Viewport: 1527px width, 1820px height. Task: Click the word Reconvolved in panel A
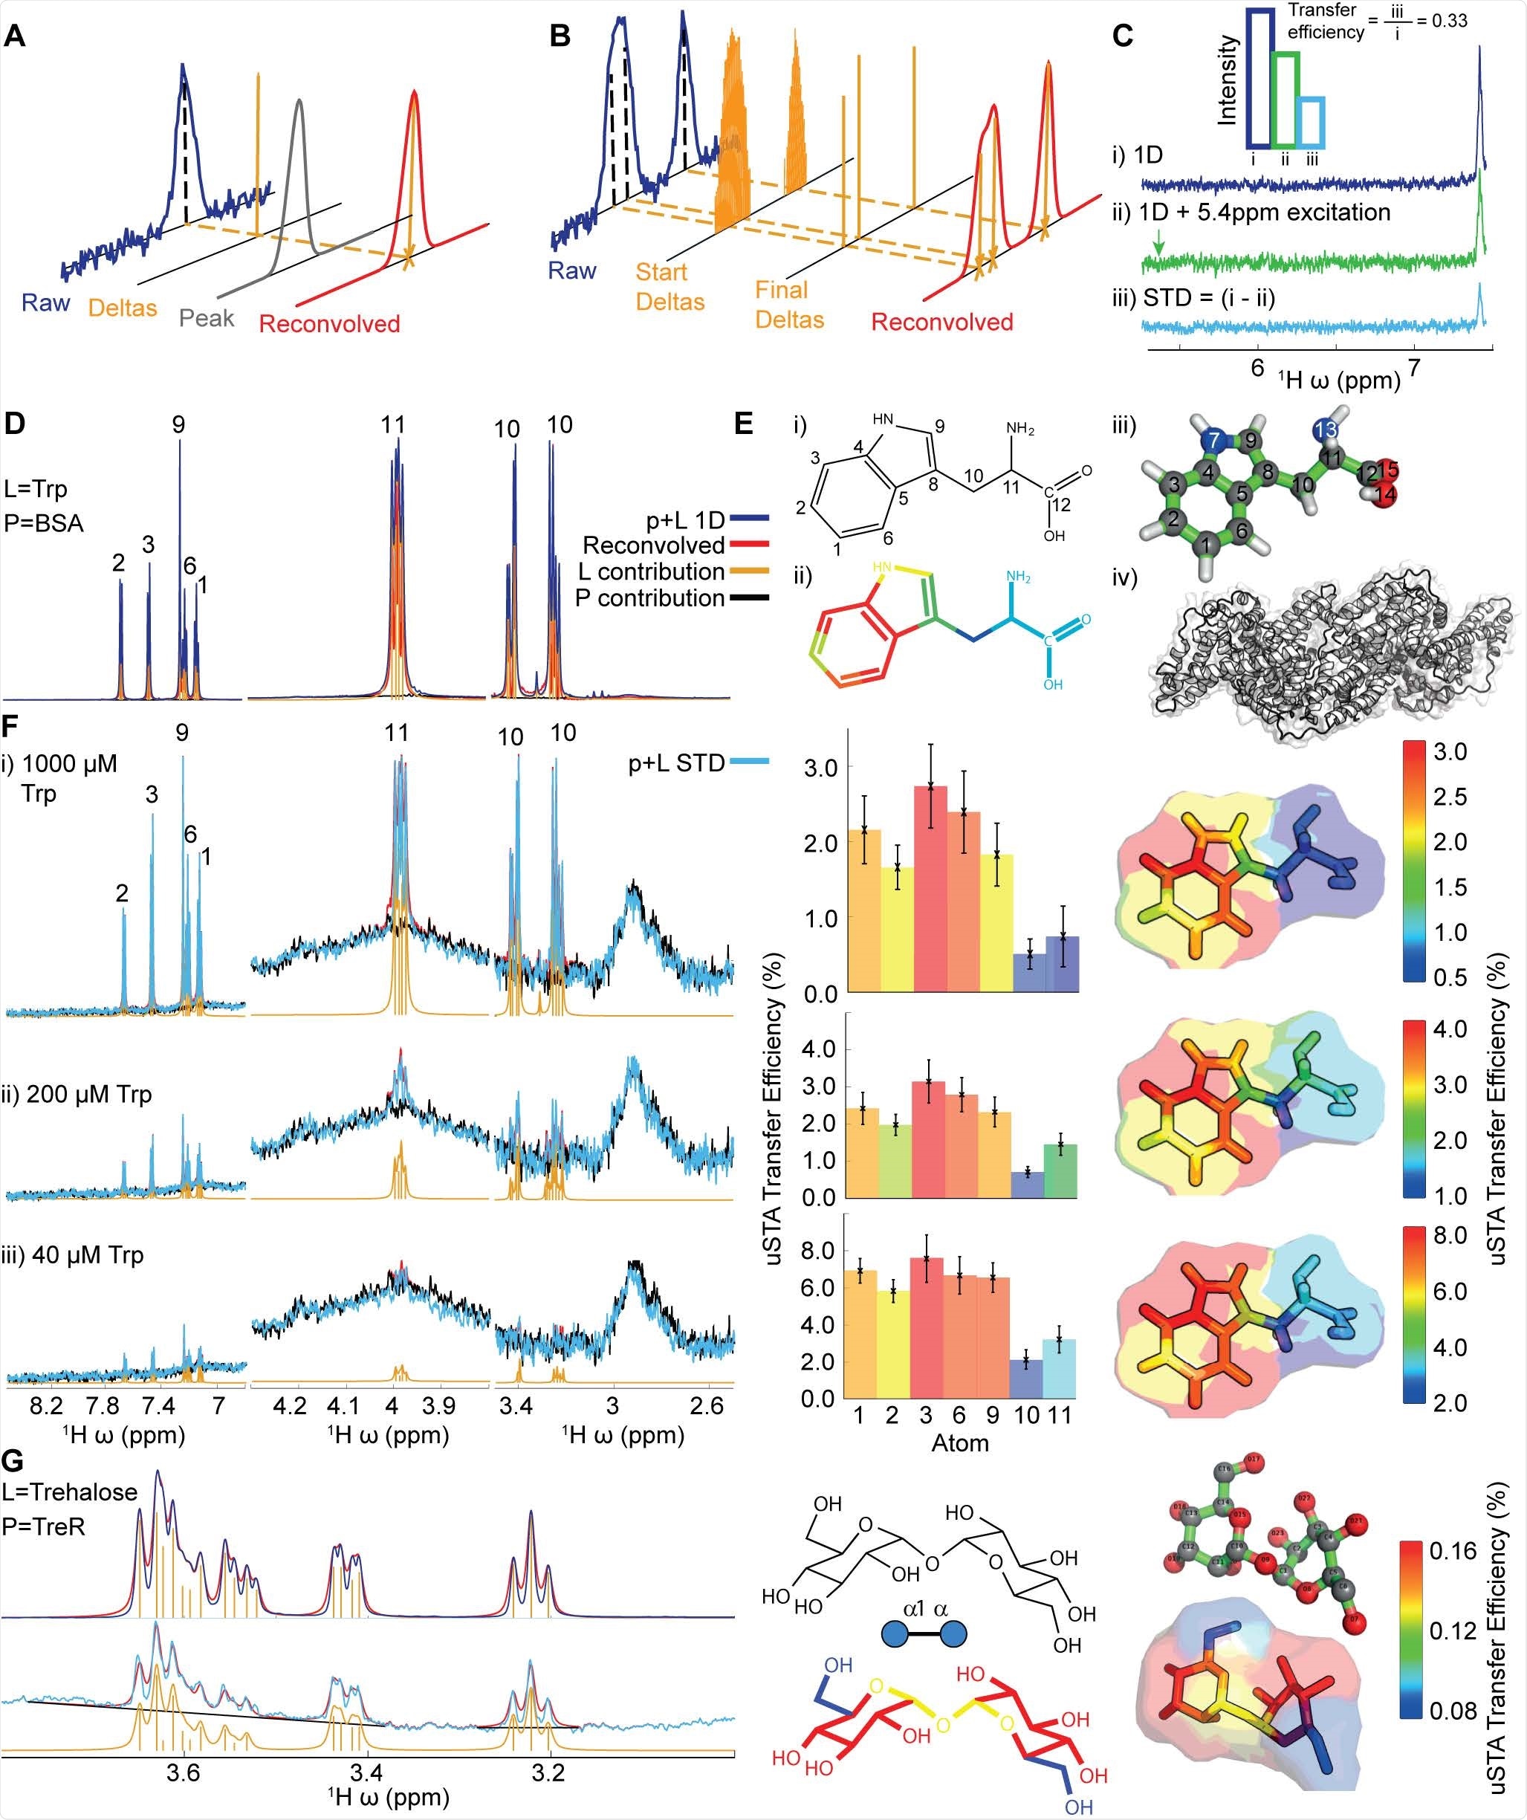click(x=329, y=324)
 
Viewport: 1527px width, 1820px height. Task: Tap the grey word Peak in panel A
click(x=207, y=318)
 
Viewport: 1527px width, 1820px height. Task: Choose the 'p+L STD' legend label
click(x=676, y=762)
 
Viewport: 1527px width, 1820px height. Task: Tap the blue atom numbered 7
click(x=1213, y=440)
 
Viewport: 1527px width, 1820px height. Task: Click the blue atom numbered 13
click(x=1325, y=430)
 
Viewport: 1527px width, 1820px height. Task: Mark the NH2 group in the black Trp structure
click(x=1020, y=429)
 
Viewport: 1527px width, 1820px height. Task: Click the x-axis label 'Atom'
click(x=959, y=1443)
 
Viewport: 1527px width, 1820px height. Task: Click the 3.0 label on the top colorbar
click(x=1449, y=751)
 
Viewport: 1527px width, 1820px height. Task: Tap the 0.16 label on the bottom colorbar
click(x=1453, y=1550)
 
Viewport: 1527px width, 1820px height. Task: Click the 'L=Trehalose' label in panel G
click(x=70, y=1492)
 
